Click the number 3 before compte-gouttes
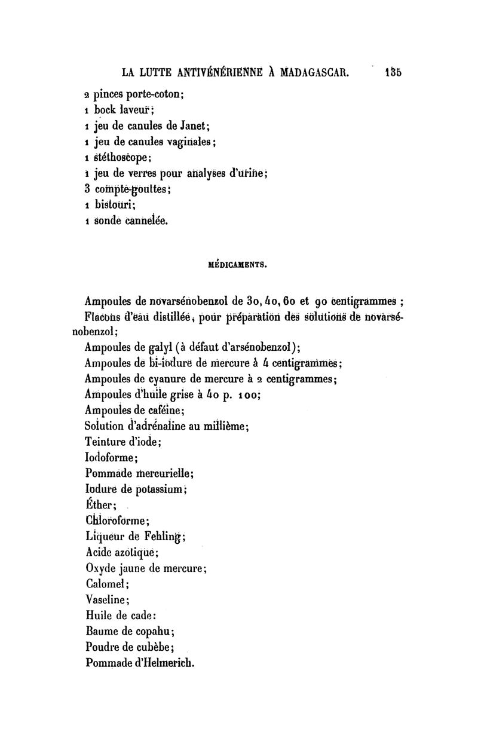click(x=87, y=190)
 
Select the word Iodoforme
click(x=111, y=458)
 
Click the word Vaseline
click(x=106, y=599)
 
